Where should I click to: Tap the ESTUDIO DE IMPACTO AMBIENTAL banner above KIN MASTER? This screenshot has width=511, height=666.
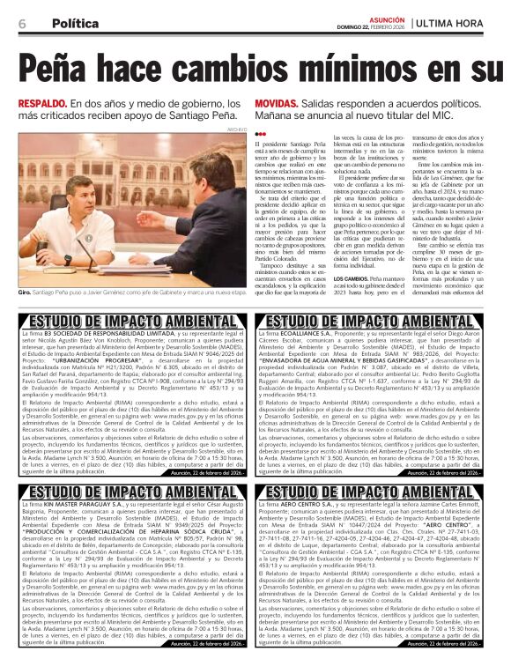pyautogui.click(x=126, y=492)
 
